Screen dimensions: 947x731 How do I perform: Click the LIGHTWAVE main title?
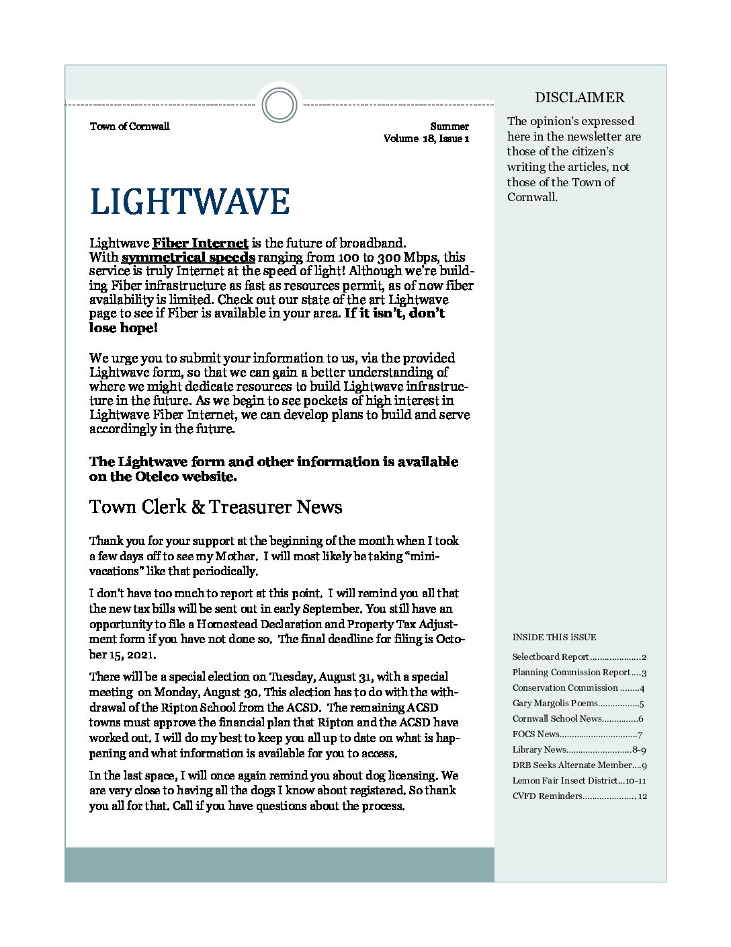click(x=189, y=201)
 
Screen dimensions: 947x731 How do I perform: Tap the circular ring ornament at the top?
click(x=279, y=106)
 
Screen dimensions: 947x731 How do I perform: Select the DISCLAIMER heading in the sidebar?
click(x=579, y=98)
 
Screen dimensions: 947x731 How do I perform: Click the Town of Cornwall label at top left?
click(x=130, y=126)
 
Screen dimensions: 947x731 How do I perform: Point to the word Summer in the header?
click(x=449, y=126)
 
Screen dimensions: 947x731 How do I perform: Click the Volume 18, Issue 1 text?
click(x=426, y=139)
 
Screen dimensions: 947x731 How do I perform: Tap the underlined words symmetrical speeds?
click(x=188, y=257)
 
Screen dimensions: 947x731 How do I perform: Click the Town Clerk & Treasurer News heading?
click(x=216, y=506)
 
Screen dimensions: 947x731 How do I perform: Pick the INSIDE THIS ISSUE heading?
click(x=554, y=637)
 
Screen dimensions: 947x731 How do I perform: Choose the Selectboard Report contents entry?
click(x=578, y=657)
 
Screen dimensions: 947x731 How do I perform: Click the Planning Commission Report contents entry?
click(x=578, y=673)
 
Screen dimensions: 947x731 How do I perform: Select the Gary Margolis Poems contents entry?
click(x=578, y=704)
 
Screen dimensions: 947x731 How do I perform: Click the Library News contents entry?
click(x=578, y=749)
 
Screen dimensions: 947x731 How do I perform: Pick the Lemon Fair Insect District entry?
click(x=578, y=781)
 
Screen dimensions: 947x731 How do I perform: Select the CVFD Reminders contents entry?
click(x=578, y=796)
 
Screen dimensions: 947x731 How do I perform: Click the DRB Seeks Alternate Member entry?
click(x=578, y=765)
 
